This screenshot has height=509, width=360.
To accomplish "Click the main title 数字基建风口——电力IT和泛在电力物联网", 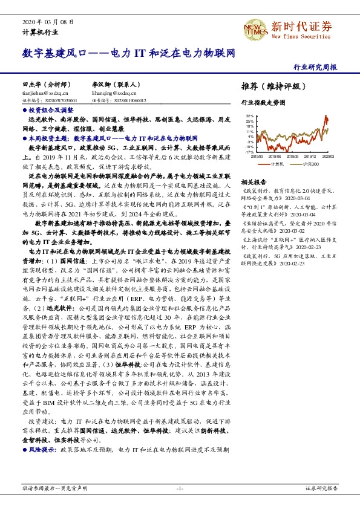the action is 128,53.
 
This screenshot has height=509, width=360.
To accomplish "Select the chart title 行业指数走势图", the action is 263,103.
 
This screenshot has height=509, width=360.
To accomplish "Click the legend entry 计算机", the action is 277,163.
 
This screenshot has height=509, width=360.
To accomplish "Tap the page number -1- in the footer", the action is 180,487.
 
